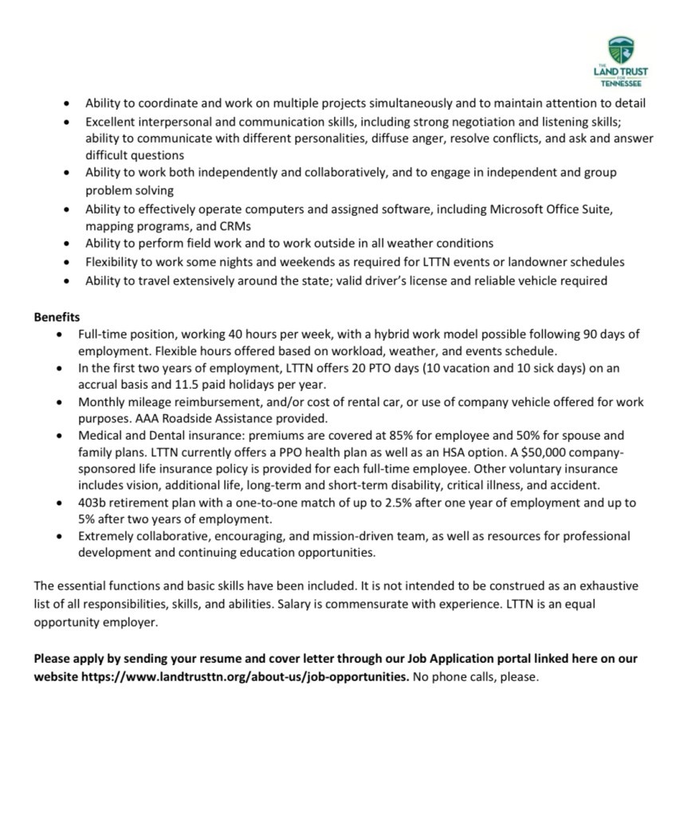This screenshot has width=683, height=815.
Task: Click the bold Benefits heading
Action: [57, 317]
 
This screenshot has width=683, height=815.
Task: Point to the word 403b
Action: [93, 503]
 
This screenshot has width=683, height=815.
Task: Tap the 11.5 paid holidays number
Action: [186, 385]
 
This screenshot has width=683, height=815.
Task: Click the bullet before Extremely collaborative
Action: [60, 536]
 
